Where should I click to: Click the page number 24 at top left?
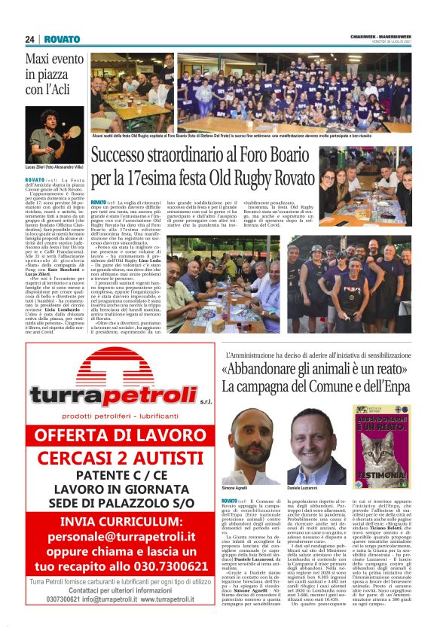click(x=30, y=38)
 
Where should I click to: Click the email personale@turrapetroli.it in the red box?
click(x=121, y=537)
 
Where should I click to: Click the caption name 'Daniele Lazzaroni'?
click(x=304, y=489)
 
